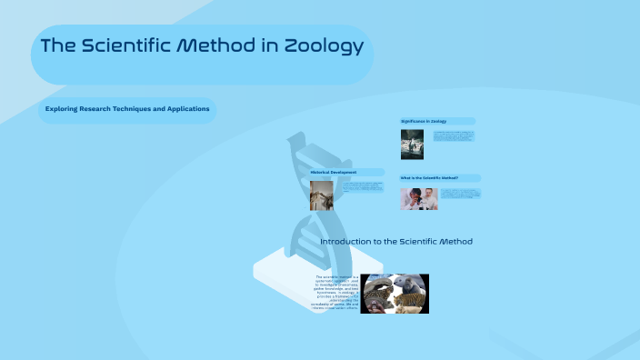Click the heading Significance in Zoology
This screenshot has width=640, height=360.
click(x=424, y=121)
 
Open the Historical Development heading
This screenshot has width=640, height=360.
click(x=334, y=172)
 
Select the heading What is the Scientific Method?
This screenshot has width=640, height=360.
click(x=429, y=177)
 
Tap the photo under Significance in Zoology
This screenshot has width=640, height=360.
click(x=412, y=144)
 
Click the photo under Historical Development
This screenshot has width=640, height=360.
click(x=321, y=195)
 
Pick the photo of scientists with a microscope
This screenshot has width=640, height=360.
click(x=418, y=199)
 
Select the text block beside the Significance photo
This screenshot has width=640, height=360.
click(x=455, y=136)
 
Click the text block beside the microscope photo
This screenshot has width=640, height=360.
click(x=460, y=194)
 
